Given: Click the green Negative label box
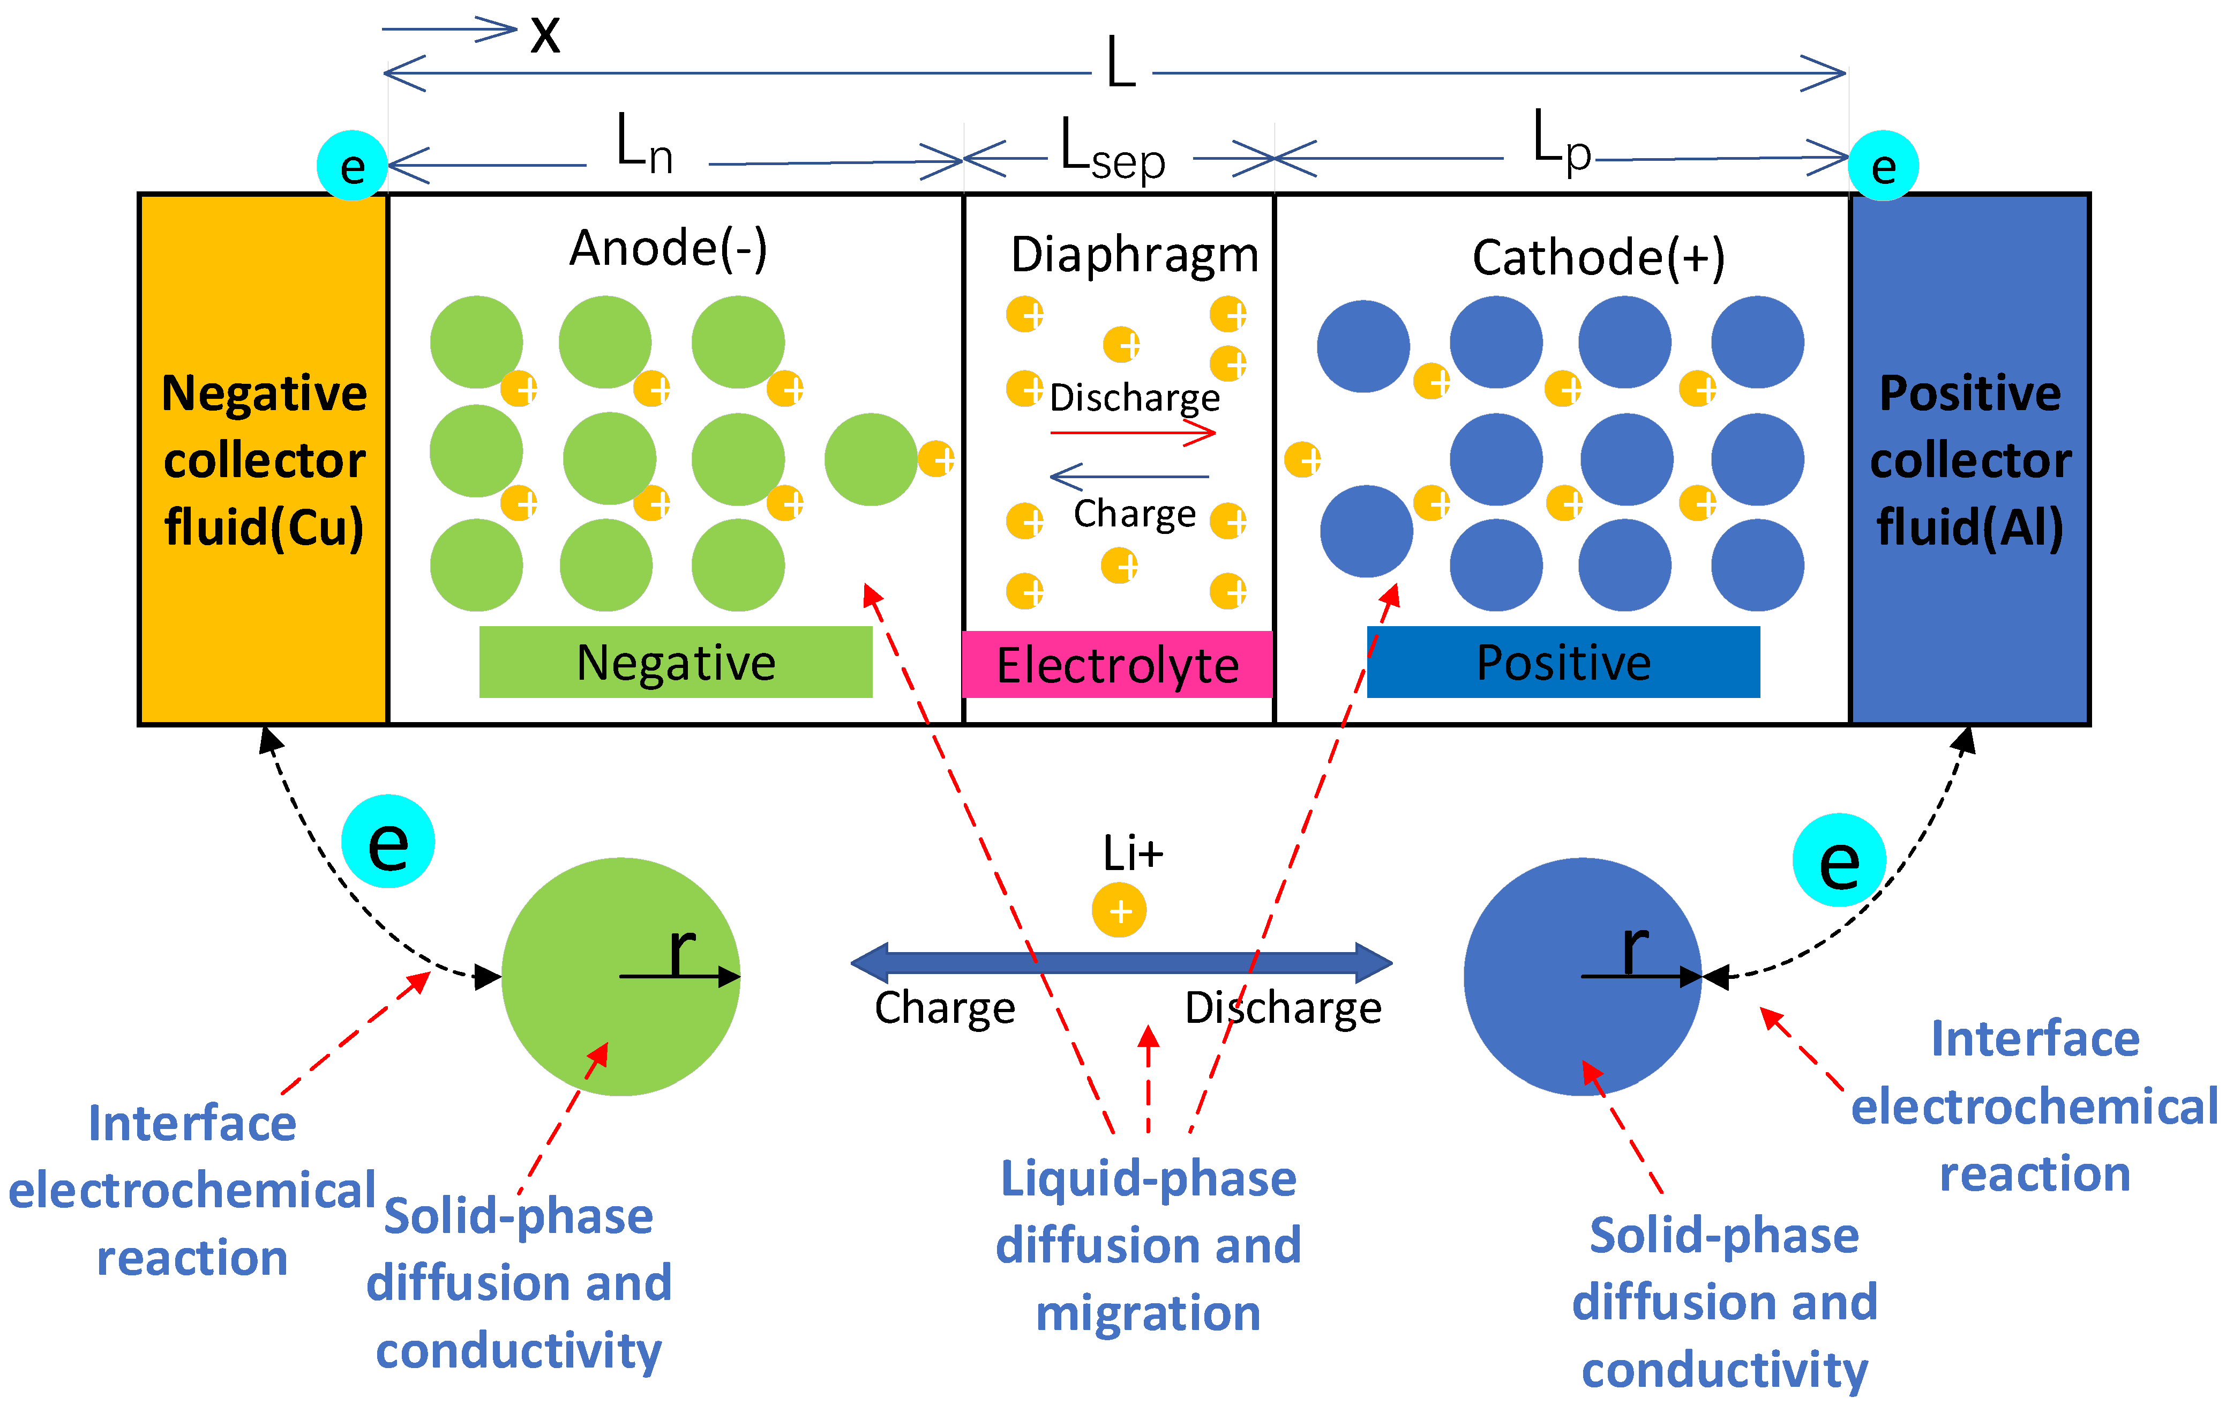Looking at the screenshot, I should click(x=675, y=662).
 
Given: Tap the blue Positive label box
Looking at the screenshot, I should click(x=1563, y=662).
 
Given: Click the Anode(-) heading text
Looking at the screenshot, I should click(x=668, y=248).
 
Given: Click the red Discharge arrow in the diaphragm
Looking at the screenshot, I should click(x=1133, y=433).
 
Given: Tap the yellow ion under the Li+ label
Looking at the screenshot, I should click(x=1119, y=911).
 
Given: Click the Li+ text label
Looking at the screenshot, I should click(x=1133, y=853).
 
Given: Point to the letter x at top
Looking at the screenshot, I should click(x=545, y=35).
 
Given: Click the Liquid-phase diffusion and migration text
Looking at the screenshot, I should click(x=1148, y=1245).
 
